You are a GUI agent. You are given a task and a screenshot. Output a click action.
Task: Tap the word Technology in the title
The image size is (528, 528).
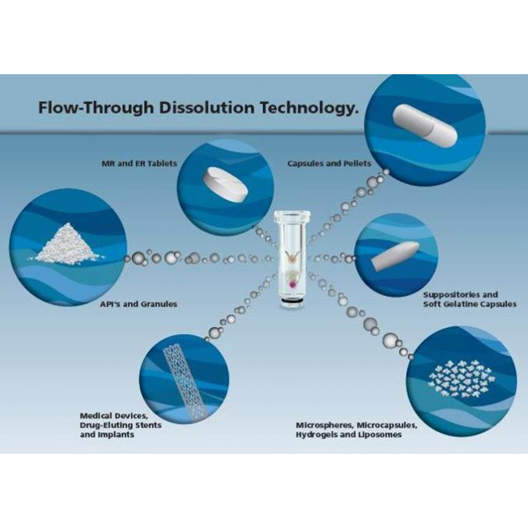[x=307, y=109]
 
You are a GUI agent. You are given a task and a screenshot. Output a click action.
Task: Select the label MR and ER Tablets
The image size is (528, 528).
[x=139, y=164]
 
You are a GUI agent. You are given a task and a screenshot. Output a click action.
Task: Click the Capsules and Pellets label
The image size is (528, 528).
[x=330, y=164]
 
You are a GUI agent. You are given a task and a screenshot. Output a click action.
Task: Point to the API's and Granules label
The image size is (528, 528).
[x=138, y=304]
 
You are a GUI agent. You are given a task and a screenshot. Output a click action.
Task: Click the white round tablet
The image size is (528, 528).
[x=225, y=184]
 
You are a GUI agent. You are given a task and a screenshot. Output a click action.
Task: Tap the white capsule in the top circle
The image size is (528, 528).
[x=425, y=125]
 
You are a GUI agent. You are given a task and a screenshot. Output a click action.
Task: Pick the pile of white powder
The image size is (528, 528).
[x=67, y=243]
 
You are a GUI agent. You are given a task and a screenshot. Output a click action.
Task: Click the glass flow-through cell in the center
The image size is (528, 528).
[x=292, y=259]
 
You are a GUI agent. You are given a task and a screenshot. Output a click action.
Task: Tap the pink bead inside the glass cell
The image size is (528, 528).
[x=292, y=285]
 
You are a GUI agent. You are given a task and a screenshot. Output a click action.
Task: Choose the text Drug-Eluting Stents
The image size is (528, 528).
[x=121, y=426]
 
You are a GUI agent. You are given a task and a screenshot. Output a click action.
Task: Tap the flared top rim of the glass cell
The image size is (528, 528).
[x=292, y=215]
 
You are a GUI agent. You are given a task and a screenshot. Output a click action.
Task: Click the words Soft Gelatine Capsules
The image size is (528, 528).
[x=469, y=304]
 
